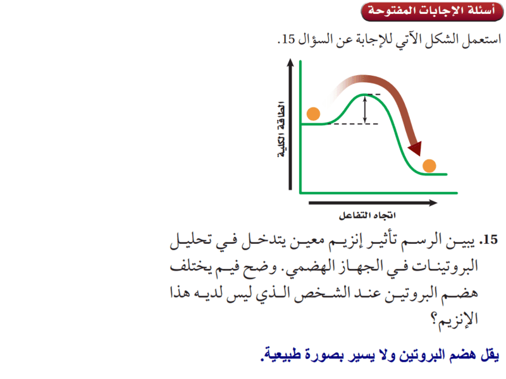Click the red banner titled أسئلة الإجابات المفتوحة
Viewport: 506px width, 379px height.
[432, 11]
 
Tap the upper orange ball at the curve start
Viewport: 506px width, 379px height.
[313, 114]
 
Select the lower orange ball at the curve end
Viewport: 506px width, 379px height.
[429, 166]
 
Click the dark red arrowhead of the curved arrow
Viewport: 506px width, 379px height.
[416, 149]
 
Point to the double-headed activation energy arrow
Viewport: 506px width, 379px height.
[365, 110]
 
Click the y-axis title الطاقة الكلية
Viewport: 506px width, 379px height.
[281, 129]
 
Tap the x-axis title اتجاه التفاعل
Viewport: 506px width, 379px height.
[367, 215]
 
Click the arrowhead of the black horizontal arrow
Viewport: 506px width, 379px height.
[433, 203]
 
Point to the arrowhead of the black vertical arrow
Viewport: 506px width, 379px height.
[290, 63]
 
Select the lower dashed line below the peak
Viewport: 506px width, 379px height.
[353, 124]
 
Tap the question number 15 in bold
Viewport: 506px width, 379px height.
[488, 240]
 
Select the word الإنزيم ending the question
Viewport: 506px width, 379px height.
[458, 320]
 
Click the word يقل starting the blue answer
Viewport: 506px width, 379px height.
[490, 355]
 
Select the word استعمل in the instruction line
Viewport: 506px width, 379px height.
[481, 40]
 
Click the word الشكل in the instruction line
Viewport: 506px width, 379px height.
[441, 39]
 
